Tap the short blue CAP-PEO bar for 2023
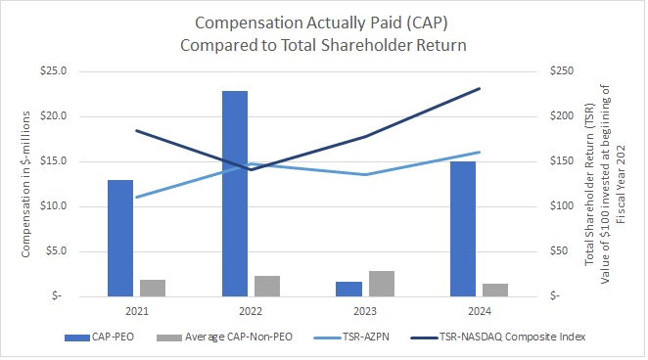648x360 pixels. tap(348, 289)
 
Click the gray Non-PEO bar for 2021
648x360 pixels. tap(153, 288)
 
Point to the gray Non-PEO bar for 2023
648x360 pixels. tap(382, 283)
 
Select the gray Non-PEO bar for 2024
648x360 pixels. tap(495, 290)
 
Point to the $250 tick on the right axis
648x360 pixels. tap(558, 71)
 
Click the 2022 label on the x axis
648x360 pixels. tap(251, 311)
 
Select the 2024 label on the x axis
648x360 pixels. tap(480, 311)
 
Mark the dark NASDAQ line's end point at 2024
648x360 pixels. tap(480, 88)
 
